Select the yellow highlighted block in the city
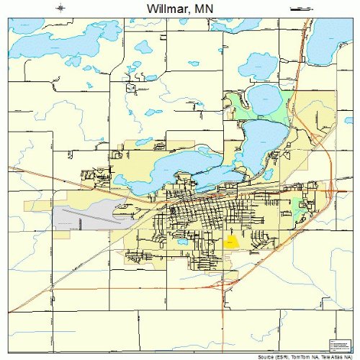[x=232, y=243]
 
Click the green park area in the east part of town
[x=297, y=204]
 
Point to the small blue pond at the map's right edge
[x=348, y=120]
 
